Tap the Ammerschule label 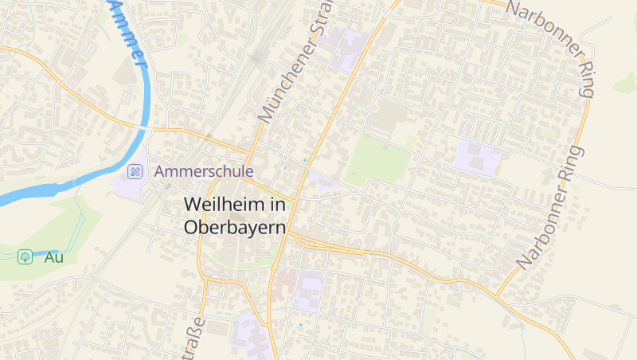point(204,170)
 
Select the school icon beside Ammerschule point(135,170)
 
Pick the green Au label point(53,256)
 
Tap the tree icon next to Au point(25,256)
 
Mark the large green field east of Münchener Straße point(379,160)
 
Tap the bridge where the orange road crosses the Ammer point(145,127)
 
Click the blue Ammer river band point(48,191)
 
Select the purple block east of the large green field point(476,158)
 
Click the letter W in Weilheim point(192,204)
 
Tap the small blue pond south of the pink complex point(300,325)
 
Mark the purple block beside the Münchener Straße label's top point(349,48)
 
